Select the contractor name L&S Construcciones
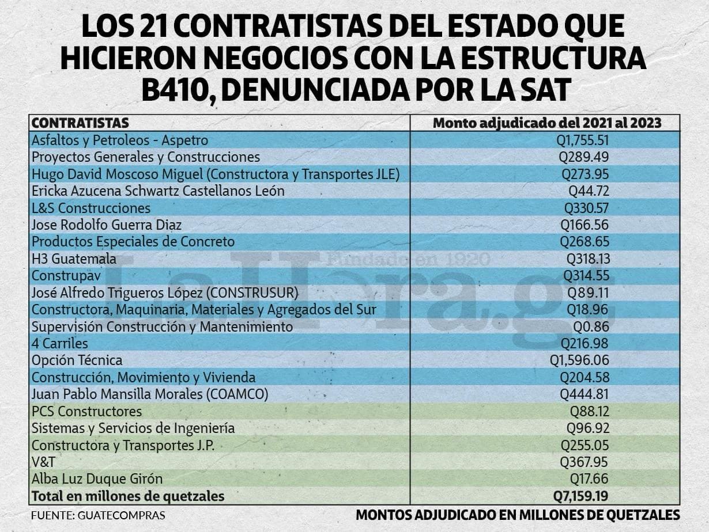click(91, 208)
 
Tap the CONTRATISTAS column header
click(80, 123)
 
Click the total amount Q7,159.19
click(581, 496)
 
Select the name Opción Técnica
click(77, 360)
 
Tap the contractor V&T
click(43, 462)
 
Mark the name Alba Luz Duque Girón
click(97, 478)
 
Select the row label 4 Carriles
click(60, 344)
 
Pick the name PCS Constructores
click(86, 412)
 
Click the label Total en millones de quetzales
click(128, 496)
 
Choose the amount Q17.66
click(589, 478)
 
